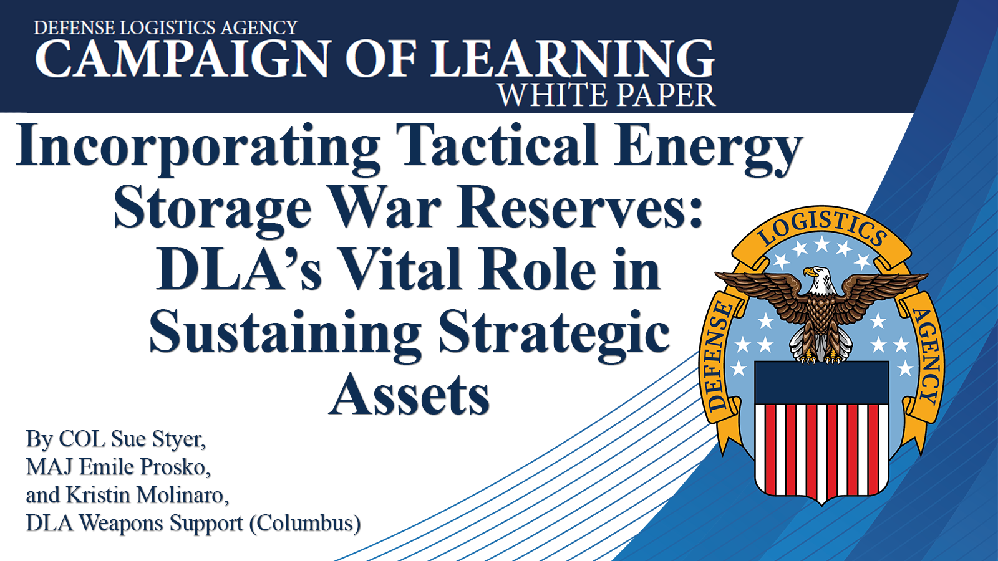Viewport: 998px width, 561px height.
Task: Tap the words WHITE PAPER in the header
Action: coord(606,95)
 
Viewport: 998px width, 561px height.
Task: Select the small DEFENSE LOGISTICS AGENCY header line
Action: coord(166,27)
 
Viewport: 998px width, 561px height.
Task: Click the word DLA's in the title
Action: coord(238,269)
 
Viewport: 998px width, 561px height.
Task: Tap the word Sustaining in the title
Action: coord(285,334)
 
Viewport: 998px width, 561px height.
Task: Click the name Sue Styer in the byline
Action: coord(158,439)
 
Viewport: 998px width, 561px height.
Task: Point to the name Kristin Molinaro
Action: coord(147,495)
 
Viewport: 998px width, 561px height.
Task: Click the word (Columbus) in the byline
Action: coord(305,523)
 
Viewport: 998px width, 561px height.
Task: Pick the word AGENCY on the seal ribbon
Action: coord(927,356)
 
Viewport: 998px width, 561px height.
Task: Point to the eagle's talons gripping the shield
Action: coord(821,358)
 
